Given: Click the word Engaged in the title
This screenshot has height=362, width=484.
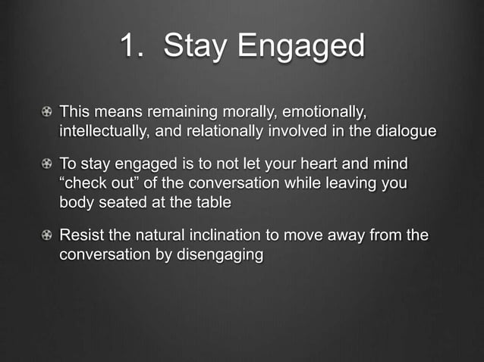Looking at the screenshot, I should [x=302, y=46].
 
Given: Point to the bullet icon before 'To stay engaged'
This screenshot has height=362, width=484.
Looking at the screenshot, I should [x=48, y=164].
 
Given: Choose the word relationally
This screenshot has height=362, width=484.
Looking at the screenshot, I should [x=218, y=131].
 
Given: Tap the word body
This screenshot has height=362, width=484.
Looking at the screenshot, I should [x=77, y=201].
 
